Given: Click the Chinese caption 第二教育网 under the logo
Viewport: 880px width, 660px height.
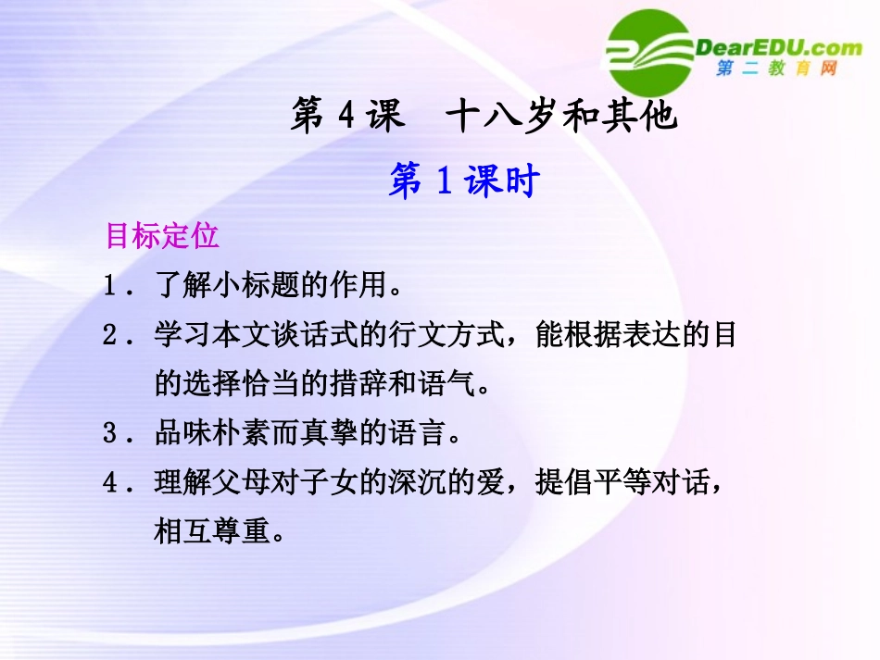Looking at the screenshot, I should point(776,70).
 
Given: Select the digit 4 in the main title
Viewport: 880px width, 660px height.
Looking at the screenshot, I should point(347,118).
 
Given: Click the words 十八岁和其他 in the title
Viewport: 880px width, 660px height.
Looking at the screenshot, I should point(562,118).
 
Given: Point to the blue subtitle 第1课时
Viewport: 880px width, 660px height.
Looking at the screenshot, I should point(463,181).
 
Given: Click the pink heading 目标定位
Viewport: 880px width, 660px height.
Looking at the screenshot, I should point(162,236).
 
